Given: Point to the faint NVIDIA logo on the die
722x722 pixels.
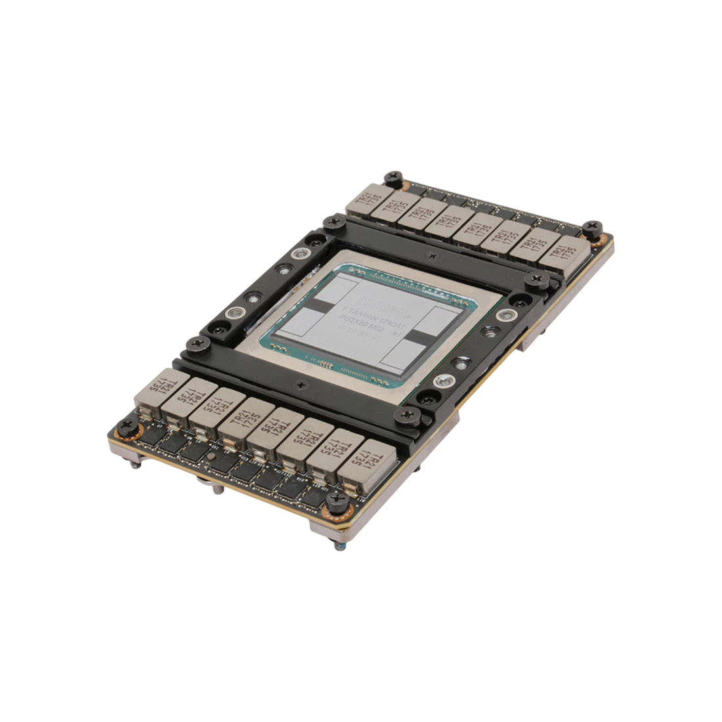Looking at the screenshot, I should (387, 303).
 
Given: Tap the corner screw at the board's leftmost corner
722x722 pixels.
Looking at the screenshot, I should (126, 429).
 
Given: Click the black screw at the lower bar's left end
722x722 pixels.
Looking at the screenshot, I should (195, 342).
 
